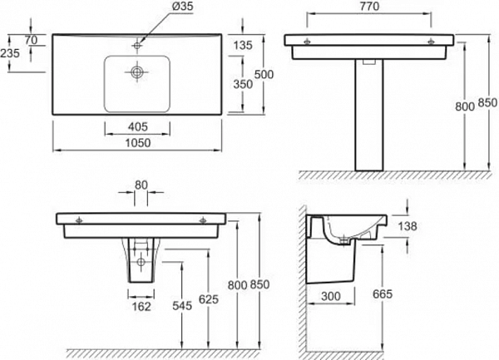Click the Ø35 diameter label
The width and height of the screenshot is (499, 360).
click(x=183, y=7)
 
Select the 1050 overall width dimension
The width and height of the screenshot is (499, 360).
click(x=138, y=143)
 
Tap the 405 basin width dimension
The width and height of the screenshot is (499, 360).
click(x=138, y=127)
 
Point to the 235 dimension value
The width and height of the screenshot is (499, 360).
click(x=10, y=53)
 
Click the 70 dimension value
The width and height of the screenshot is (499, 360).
click(x=32, y=41)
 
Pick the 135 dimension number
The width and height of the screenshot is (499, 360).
click(x=243, y=46)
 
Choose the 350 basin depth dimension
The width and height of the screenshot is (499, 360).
click(x=243, y=84)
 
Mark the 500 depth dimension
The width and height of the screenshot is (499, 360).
click(x=264, y=75)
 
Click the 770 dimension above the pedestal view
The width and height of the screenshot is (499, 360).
click(x=369, y=7)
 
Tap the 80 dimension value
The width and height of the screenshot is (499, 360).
click(x=141, y=185)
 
